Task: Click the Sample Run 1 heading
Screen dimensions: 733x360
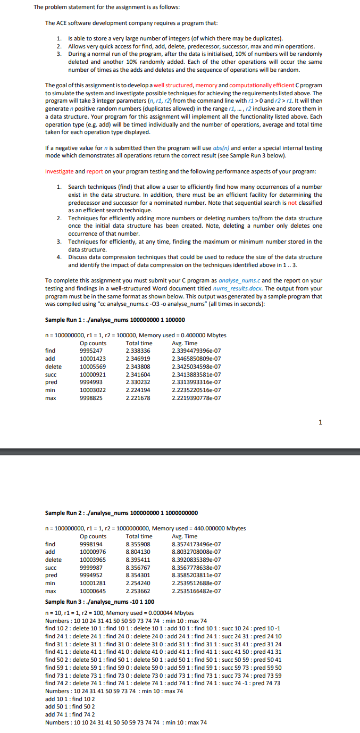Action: (115, 320)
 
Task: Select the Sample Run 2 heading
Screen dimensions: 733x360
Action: (121, 513)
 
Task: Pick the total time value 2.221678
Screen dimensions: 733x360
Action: (138, 397)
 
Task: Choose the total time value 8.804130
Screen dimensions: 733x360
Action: (138, 552)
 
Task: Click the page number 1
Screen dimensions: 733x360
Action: (320, 422)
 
